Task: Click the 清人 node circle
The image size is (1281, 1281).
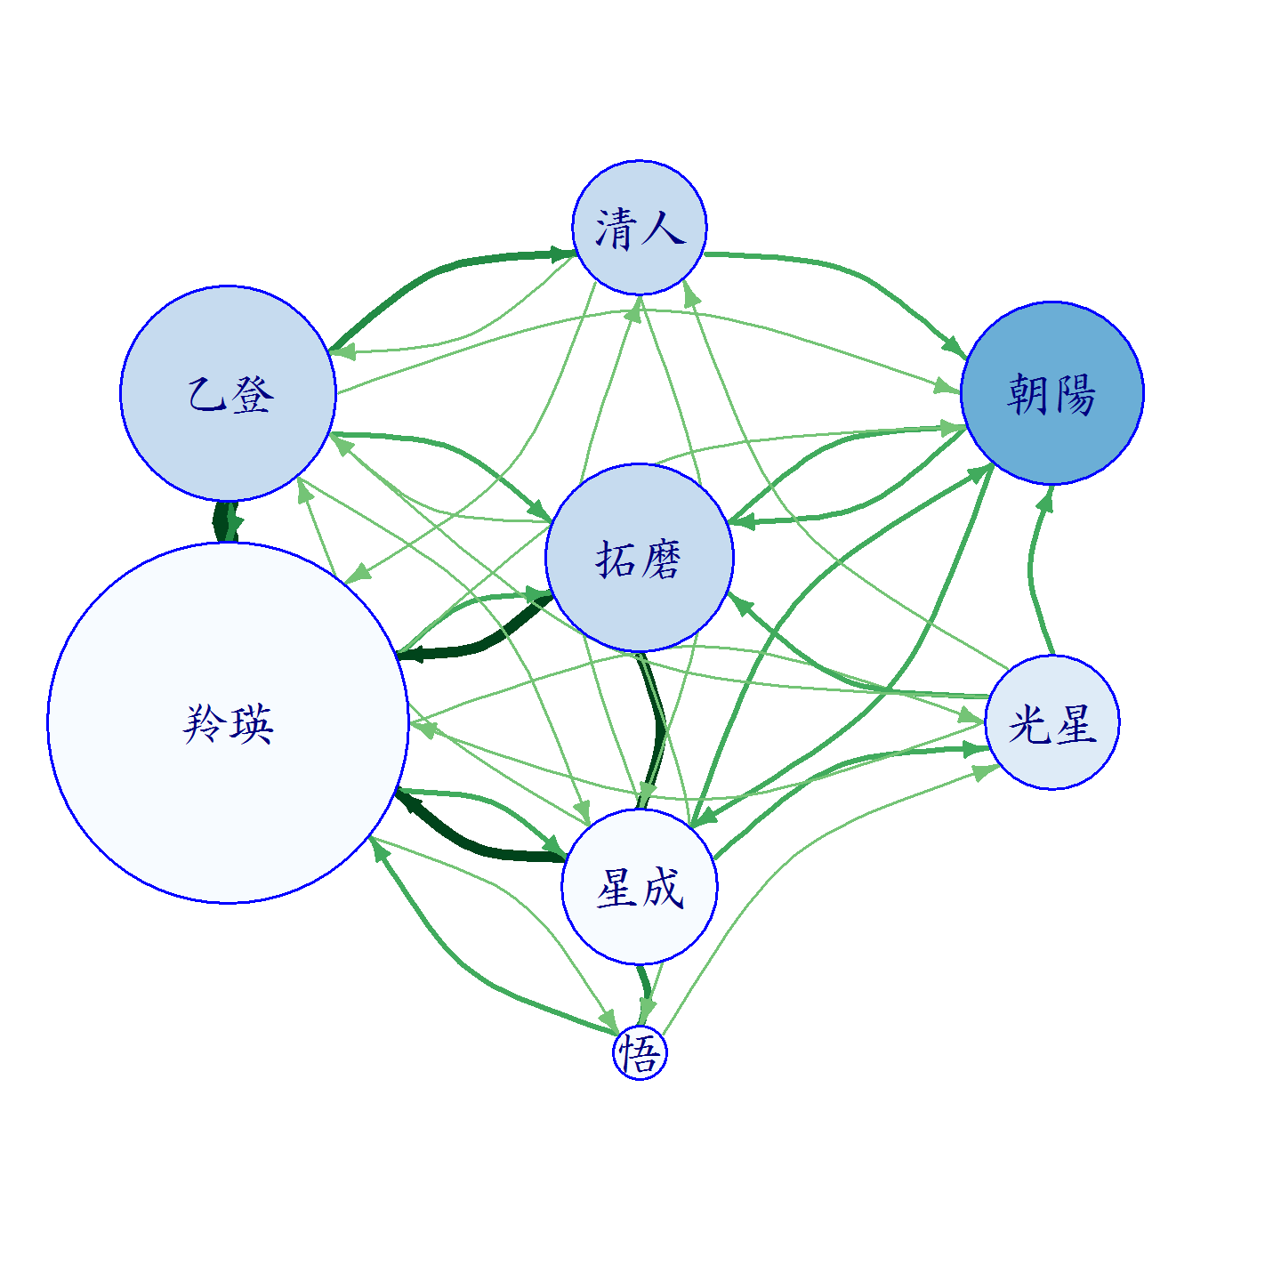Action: (639, 228)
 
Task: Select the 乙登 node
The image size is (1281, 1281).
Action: (228, 393)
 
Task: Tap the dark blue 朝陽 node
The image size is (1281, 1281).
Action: (1051, 393)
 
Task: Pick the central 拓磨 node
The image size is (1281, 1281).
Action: (639, 557)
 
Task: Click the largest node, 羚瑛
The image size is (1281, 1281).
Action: (228, 722)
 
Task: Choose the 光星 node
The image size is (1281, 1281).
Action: (1051, 722)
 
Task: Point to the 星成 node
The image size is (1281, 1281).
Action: (639, 887)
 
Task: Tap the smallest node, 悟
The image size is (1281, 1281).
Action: (639, 1052)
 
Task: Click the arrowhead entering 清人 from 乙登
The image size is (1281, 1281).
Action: (562, 254)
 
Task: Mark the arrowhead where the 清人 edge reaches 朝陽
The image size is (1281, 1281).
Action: (955, 348)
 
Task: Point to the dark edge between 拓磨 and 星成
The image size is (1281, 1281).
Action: (657, 730)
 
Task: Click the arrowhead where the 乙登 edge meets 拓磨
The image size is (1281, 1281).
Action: (539, 512)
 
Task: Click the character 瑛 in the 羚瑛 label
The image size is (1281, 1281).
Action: (251, 724)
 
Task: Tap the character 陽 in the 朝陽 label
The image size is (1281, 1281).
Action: (1075, 394)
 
